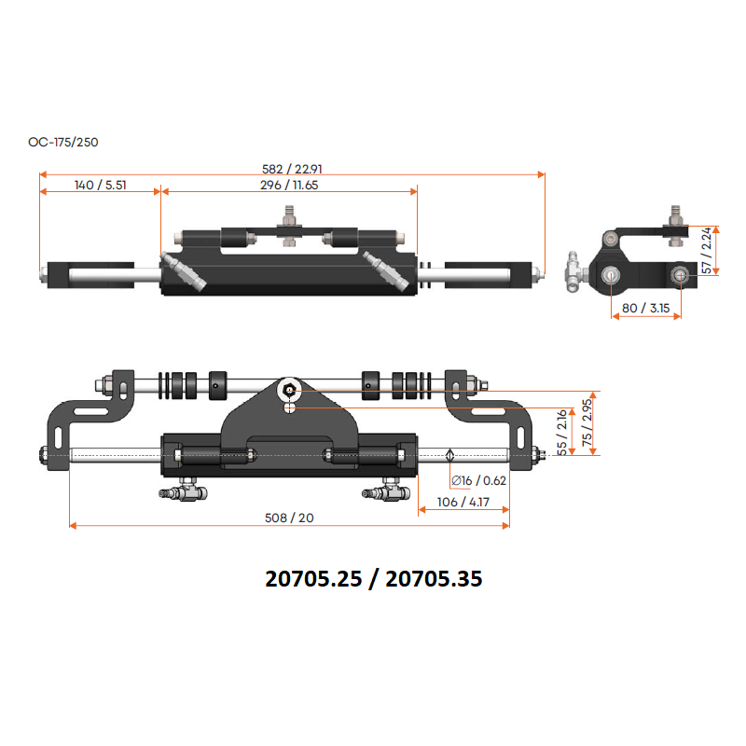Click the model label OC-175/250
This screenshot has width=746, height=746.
(63, 143)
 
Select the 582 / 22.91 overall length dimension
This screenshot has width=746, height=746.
(292, 169)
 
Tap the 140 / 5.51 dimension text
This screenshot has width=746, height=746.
(101, 185)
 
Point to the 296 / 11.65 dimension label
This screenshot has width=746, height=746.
(289, 185)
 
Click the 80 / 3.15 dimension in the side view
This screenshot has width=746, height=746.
(645, 309)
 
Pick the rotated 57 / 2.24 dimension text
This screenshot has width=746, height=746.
(707, 250)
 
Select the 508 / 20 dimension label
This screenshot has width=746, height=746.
(289, 518)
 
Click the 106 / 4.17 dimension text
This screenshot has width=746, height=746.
(463, 502)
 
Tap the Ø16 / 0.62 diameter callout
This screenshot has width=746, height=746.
(478, 480)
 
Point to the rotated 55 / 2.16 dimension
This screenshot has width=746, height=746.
(562, 432)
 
